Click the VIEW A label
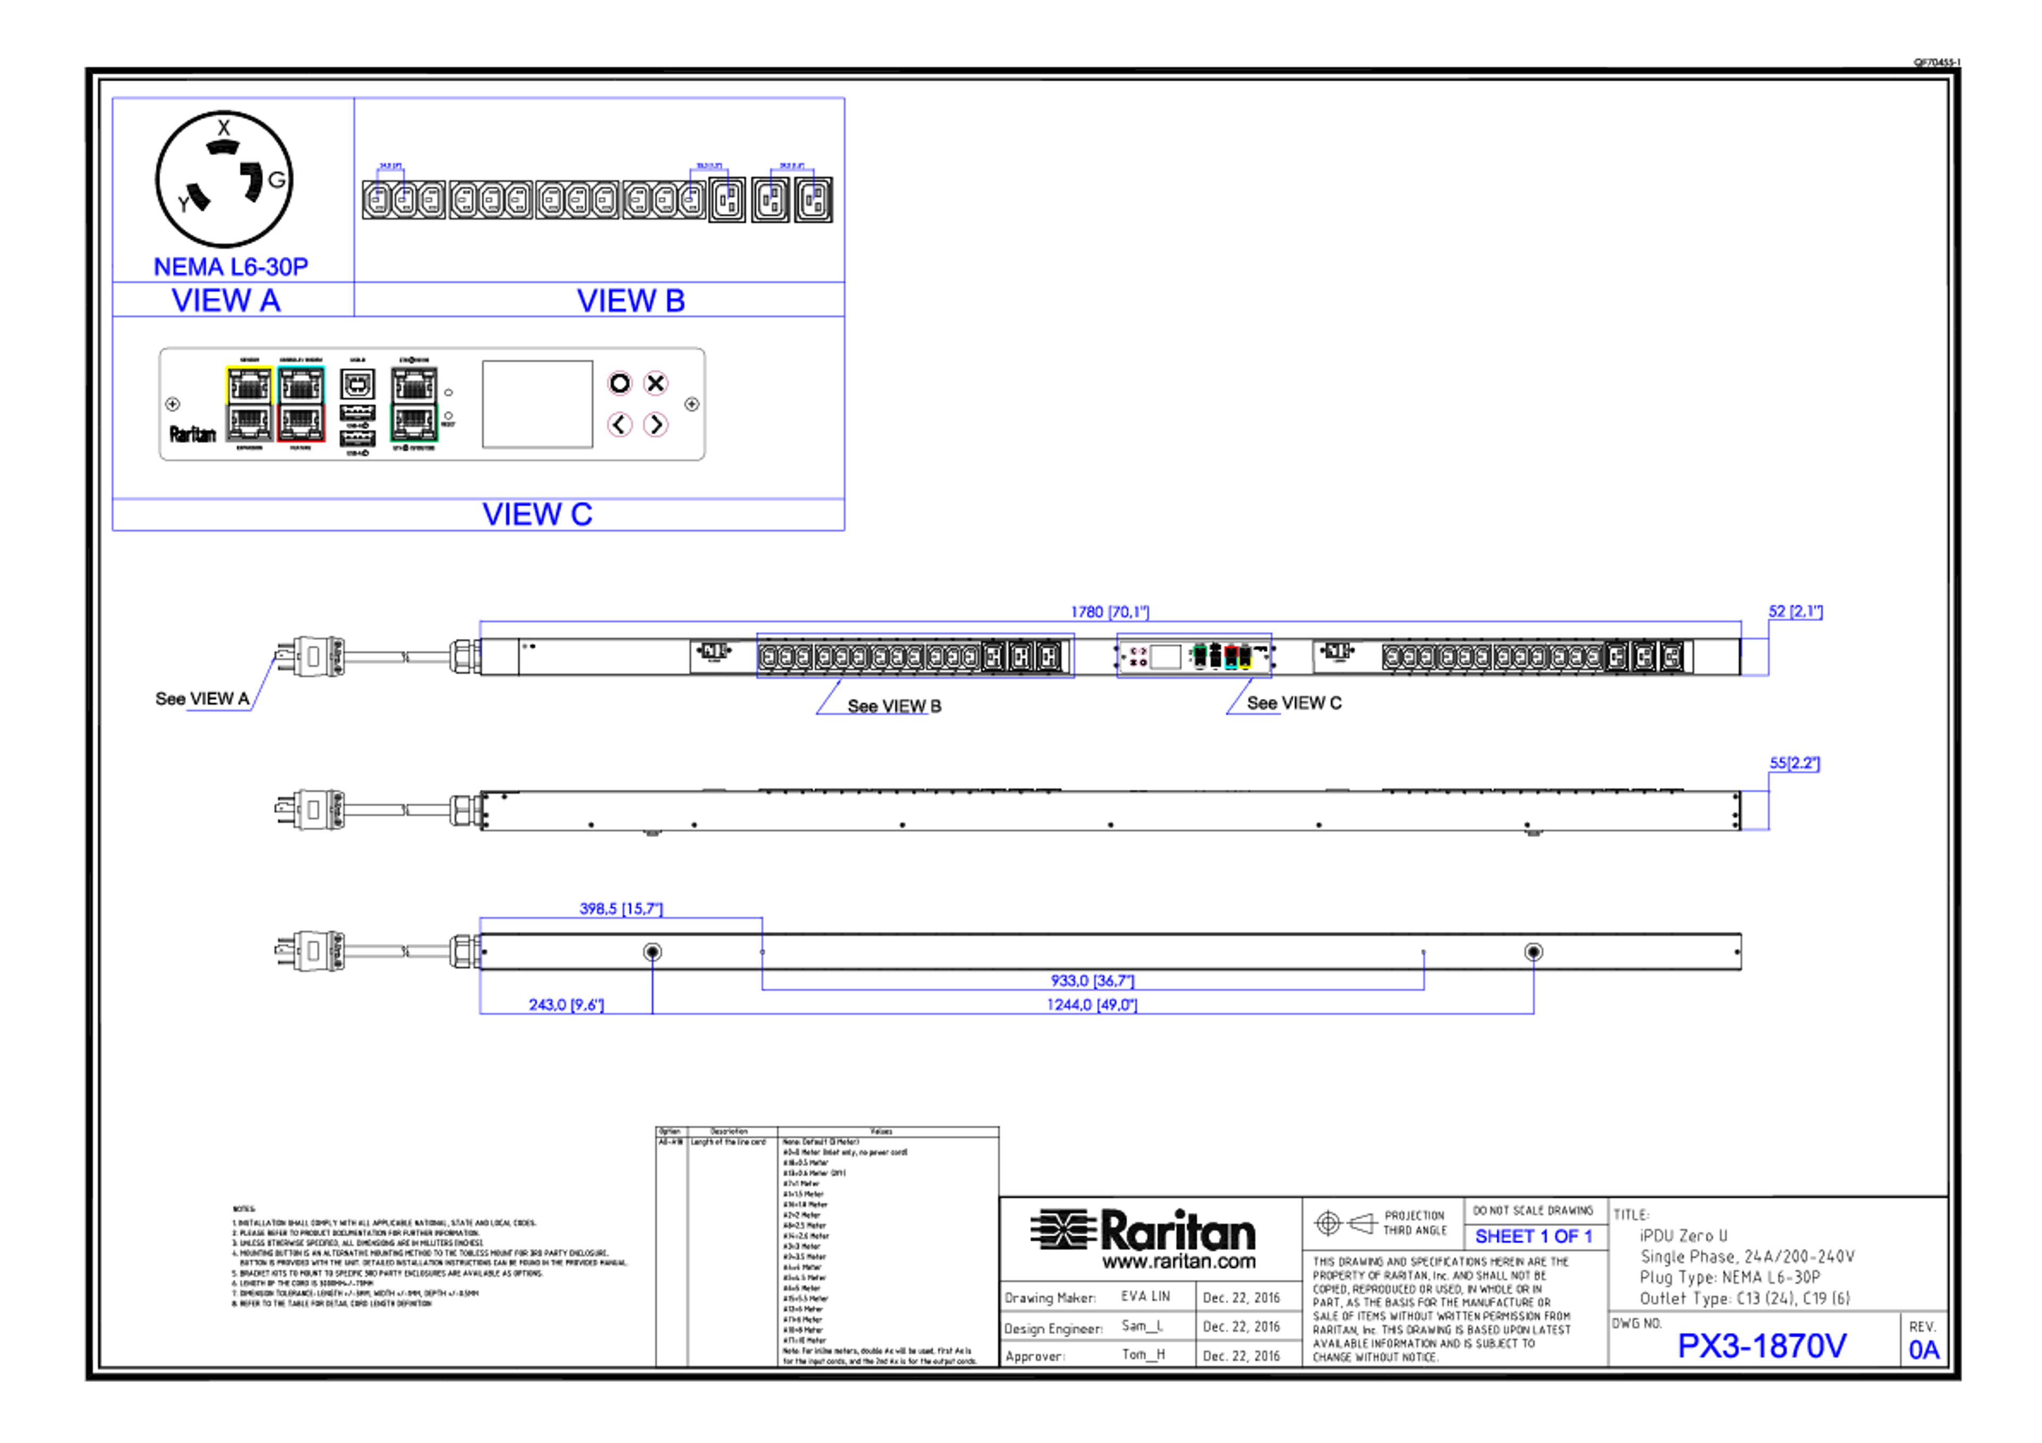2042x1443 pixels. (x=227, y=300)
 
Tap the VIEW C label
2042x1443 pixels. (x=537, y=515)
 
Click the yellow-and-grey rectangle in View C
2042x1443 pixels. (x=248, y=403)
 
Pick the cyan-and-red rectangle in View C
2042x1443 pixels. (x=302, y=403)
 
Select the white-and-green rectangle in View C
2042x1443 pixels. (x=414, y=403)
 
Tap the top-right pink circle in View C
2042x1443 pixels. (x=656, y=383)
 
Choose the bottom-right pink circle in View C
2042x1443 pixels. (x=656, y=424)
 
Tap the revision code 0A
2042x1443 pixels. (x=1924, y=1349)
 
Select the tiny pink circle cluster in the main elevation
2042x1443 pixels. (x=1136, y=656)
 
